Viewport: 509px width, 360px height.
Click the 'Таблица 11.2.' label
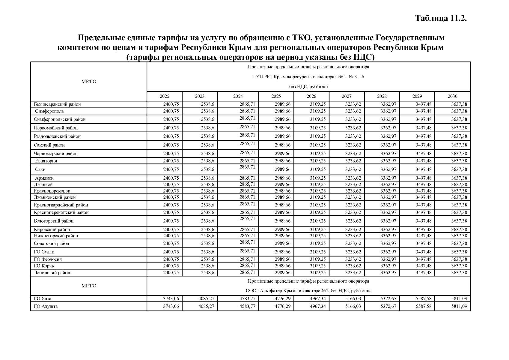pos(441,18)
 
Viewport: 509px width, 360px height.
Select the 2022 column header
pos(164,96)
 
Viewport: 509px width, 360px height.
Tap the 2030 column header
pos(452,96)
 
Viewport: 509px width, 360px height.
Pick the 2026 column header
pos(311,96)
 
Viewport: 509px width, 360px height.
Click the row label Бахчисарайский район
pos(57,104)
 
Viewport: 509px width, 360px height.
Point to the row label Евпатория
pos(46,161)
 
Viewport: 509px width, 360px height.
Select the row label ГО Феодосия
pos(48,259)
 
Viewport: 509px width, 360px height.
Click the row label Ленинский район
pos(52,273)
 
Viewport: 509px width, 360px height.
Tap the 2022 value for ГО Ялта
pos(171,299)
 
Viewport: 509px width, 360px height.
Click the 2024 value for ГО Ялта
pos(247,299)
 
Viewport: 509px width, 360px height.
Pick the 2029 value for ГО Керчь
pos(424,266)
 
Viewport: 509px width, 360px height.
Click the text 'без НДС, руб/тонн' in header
pos(308,87)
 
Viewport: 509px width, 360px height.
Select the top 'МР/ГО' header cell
pos(89,82)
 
